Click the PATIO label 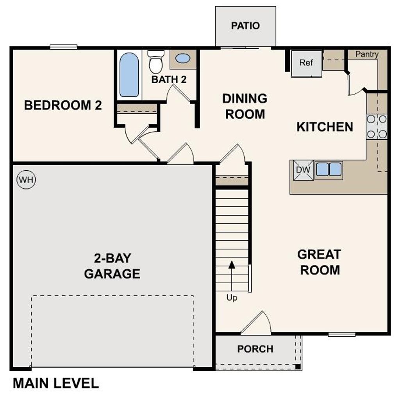click(245, 26)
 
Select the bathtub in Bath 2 click(129, 75)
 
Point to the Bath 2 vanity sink click(183, 59)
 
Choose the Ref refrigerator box click(306, 63)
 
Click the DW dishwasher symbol click(304, 170)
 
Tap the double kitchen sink click(329, 170)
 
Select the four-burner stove click(377, 127)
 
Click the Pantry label click(367, 55)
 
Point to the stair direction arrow click(232, 265)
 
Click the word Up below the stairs click(232, 298)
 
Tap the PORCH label click(255, 349)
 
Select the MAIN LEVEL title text click(56, 383)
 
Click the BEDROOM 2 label click(63, 105)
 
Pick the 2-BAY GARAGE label click(112, 266)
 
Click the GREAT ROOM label click(319, 262)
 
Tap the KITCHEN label click(325, 127)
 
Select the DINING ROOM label click(245, 106)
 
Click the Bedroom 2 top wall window click(63, 47)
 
